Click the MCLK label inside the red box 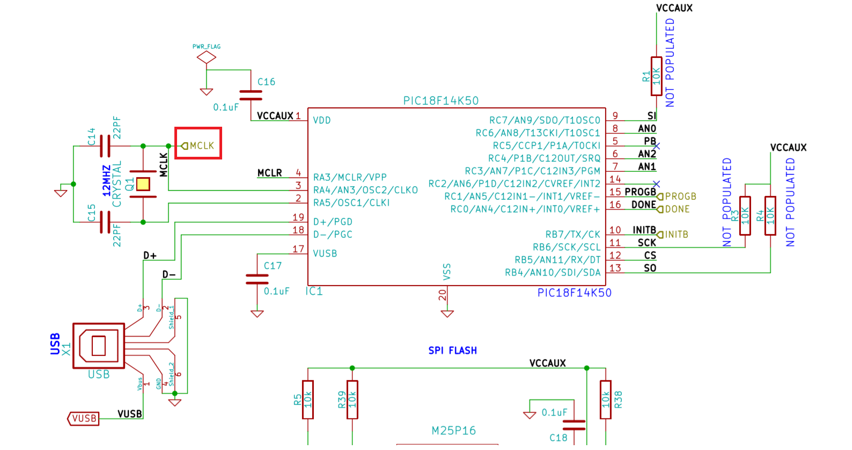pos(201,146)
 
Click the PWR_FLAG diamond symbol pos(207,57)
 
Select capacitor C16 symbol pos(251,95)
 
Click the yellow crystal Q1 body pos(143,184)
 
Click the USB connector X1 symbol pos(99,346)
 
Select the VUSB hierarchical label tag pos(84,418)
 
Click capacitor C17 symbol pos(257,279)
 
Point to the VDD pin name pos(322,120)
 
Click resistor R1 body pos(656,76)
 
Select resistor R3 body pos(745,215)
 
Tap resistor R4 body pos(770,215)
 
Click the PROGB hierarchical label pos(680,197)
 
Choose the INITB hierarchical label pos(676,235)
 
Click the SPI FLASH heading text pos(452,351)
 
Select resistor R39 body pos(352,400)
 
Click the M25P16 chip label pos(453,431)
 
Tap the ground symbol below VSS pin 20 pos(447,314)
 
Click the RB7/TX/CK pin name pos(572,235)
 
